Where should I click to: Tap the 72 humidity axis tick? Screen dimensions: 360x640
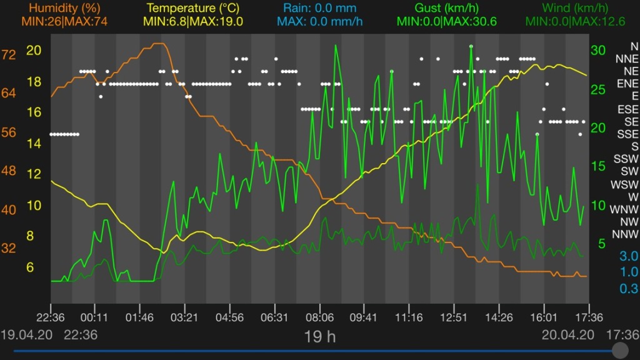pos(9,54)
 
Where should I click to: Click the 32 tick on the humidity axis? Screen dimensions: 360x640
pos(9,248)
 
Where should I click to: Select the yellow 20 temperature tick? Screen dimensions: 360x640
pos(34,51)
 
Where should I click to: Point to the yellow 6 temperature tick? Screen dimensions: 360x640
pos(30,267)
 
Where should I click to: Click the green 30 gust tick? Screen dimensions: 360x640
pos(598,50)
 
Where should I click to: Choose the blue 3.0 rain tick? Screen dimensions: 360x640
pos(611,256)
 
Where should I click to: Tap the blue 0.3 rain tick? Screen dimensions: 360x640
pos(611,288)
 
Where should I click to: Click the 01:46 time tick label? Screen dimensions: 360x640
pos(139,317)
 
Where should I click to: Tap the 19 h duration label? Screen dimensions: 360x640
pos(319,337)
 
